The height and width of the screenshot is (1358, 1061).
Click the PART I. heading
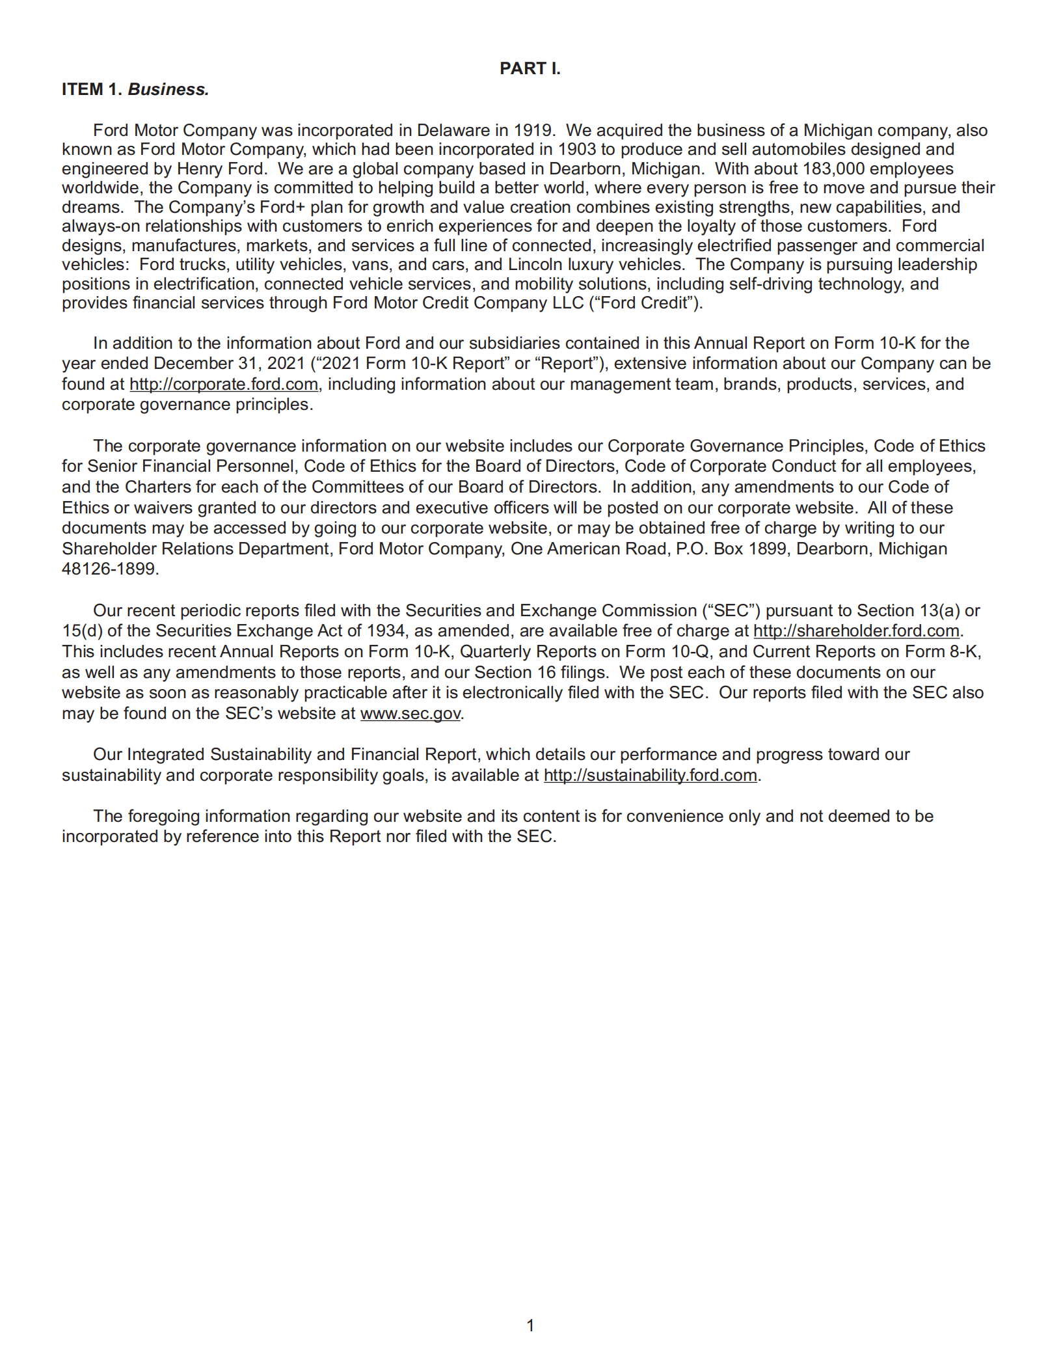point(530,68)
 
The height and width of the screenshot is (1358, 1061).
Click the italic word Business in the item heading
point(168,89)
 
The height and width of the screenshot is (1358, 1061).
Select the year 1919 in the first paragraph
point(533,130)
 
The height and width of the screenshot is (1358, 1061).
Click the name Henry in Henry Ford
point(200,169)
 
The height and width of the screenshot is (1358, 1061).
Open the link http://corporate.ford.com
point(224,384)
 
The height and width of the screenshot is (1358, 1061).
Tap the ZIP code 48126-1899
point(109,569)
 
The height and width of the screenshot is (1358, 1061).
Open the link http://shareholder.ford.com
point(856,631)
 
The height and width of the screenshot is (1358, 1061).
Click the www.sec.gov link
point(410,713)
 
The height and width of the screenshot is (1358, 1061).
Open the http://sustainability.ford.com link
point(650,775)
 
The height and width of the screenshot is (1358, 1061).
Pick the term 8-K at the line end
point(964,651)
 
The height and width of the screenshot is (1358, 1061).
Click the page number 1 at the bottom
point(530,1325)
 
